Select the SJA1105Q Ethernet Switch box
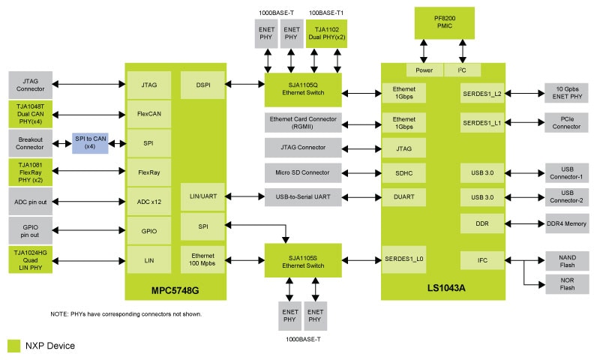click(x=303, y=89)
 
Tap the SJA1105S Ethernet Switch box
click(x=303, y=260)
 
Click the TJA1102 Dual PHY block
click(x=326, y=34)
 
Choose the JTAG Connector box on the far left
click(x=29, y=84)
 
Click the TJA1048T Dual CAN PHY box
click(x=29, y=115)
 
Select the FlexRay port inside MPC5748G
click(x=149, y=172)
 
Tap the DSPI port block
click(x=202, y=85)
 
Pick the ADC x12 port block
click(x=149, y=200)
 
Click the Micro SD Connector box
click(x=303, y=172)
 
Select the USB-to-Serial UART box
click(x=303, y=196)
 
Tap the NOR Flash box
click(x=567, y=286)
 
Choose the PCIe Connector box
click(x=567, y=122)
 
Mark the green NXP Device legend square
click(x=13, y=346)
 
